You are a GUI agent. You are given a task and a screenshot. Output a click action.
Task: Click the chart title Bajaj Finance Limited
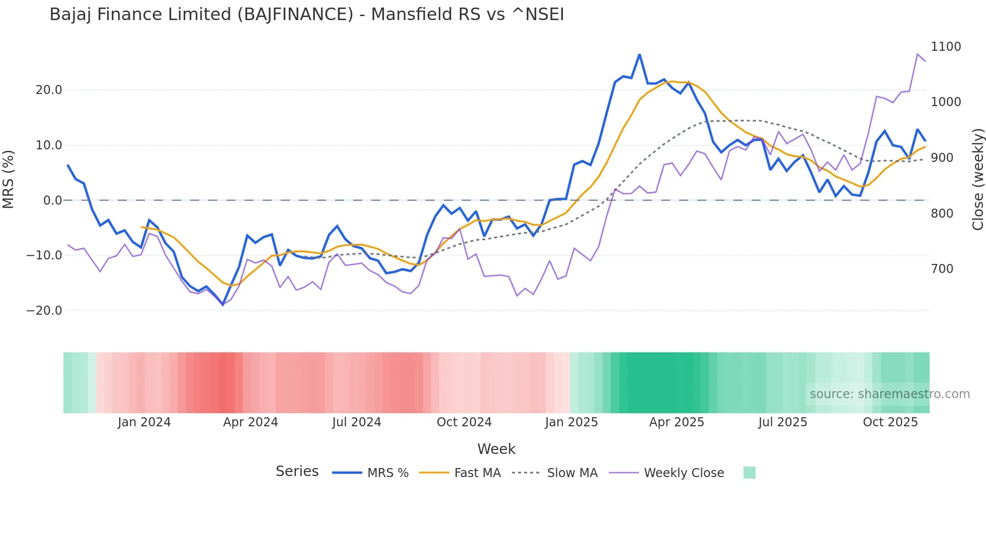click(x=306, y=15)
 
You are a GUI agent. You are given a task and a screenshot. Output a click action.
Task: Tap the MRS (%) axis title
click(x=9, y=179)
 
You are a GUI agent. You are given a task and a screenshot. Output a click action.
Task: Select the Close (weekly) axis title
click(x=977, y=179)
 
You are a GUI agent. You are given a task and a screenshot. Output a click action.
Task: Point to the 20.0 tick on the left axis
click(x=49, y=90)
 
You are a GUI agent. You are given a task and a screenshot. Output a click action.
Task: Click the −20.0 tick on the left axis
click(x=44, y=311)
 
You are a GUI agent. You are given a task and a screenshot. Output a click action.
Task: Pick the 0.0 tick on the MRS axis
click(x=52, y=201)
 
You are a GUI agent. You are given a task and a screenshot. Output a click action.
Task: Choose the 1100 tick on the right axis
click(x=946, y=47)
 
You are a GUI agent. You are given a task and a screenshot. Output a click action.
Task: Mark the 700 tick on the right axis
click(x=942, y=269)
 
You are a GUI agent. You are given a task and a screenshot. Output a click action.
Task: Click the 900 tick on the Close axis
click(x=942, y=158)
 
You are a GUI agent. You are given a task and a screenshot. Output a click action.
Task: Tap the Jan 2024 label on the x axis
click(x=144, y=422)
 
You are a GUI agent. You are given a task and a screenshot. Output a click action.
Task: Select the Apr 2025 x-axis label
click(x=677, y=422)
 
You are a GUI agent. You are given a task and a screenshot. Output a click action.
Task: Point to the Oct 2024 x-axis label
click(x=464, y=422)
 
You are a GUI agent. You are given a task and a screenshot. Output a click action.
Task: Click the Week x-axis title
click(x=496, y=449)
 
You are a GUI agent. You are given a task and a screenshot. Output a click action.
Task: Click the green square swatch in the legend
click(x=749, y=473)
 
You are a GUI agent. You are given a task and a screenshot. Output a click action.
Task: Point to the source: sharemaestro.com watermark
click(x=889, y=394)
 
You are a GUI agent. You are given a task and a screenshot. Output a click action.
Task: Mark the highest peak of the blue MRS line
click(x=639, y=54)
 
